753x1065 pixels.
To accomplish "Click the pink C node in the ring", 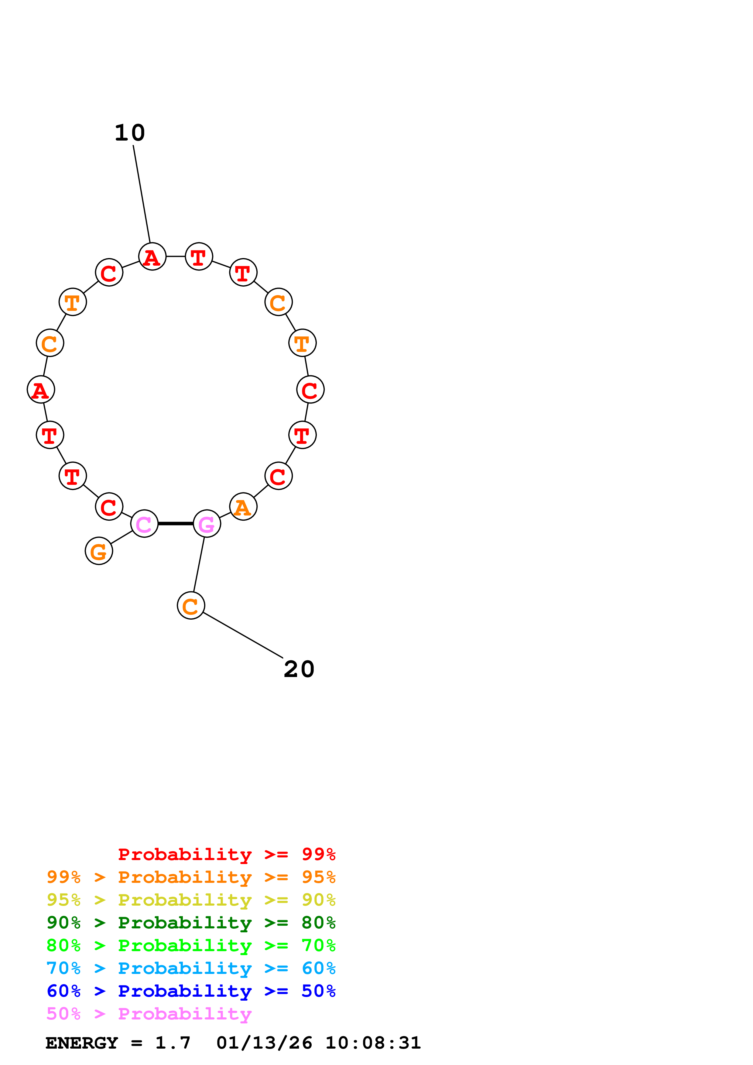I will pos(144,524).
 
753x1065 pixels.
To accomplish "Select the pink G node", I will pos(207,524).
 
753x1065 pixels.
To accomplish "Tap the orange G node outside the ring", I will pos(99,551).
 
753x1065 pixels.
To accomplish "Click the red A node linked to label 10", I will pos(152,257).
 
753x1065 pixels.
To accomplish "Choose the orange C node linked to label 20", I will pos(191,606).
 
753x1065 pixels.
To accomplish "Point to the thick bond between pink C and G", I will pos(175,524).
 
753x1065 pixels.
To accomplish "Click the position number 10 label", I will pos(130,133).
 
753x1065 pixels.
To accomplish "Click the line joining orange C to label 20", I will pos(243,635).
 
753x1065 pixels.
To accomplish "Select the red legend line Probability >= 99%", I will pos(226,854).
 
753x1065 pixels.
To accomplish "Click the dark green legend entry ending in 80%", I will pos(191,923).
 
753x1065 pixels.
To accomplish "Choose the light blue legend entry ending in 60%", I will pos(191,968).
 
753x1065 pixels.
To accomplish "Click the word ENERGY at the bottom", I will pos(82,1043).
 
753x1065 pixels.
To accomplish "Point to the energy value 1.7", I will pos(173,1043).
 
